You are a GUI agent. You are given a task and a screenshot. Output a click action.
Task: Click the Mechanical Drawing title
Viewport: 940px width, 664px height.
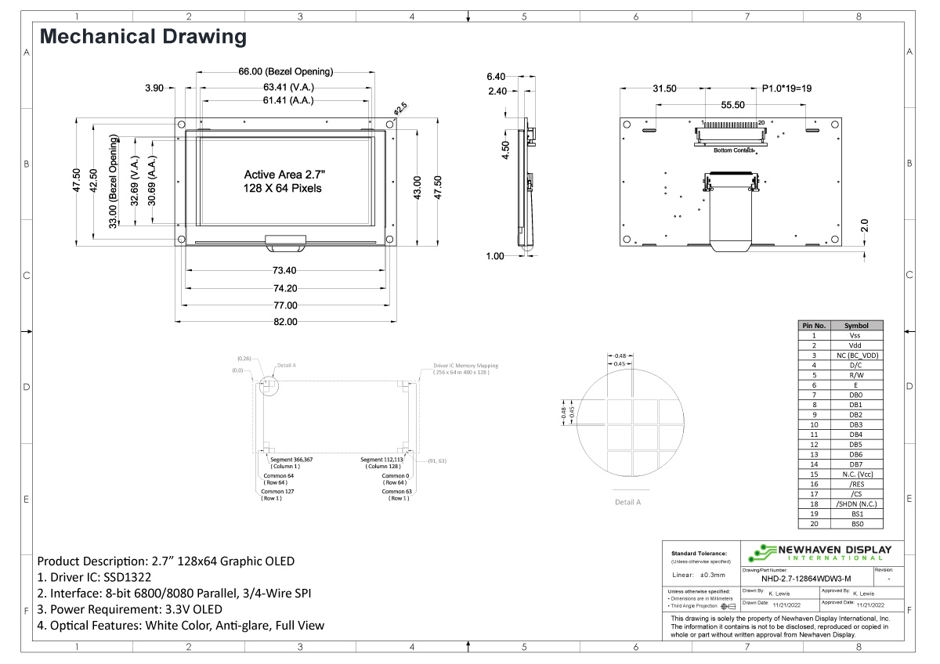click(143, 36)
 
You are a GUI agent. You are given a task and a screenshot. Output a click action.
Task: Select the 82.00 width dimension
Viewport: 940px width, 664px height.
click(285, 322)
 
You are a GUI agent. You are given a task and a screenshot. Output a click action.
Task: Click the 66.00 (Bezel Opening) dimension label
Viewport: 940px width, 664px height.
click(285, 71)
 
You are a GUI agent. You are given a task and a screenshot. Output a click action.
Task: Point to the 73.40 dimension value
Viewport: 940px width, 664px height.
click(285, 270)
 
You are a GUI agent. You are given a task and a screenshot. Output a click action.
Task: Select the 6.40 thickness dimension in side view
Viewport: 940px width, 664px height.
click(496, 77)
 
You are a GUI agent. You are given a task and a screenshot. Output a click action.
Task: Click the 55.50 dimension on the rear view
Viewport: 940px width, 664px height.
click(733, 105)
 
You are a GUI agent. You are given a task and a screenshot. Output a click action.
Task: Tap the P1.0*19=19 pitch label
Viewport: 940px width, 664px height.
click(786, 88)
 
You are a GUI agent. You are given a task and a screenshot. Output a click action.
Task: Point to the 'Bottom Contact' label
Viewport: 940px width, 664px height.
click(733, 150)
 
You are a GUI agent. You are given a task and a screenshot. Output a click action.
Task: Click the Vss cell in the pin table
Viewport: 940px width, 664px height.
click(855, 335)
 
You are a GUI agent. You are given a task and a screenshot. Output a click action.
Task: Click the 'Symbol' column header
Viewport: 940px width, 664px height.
click(855, 325)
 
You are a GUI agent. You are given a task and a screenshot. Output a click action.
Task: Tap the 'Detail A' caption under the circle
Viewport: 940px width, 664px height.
click(627, 502)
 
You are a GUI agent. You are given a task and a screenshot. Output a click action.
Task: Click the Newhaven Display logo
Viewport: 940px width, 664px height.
click(819, 553)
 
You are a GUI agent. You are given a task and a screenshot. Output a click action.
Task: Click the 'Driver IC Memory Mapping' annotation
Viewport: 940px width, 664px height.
click(465, 366)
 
